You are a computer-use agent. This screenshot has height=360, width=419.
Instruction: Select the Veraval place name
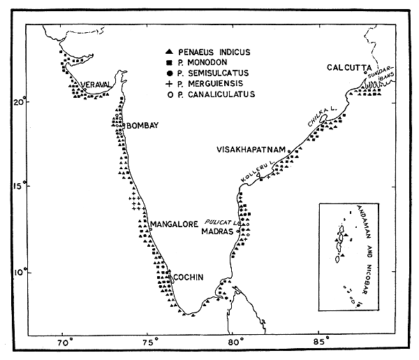[x=96, y=85]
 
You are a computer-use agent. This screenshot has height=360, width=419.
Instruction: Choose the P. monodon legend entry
[x=207, y=63]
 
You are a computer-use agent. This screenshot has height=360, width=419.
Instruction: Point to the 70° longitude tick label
[x=64, y=343]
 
